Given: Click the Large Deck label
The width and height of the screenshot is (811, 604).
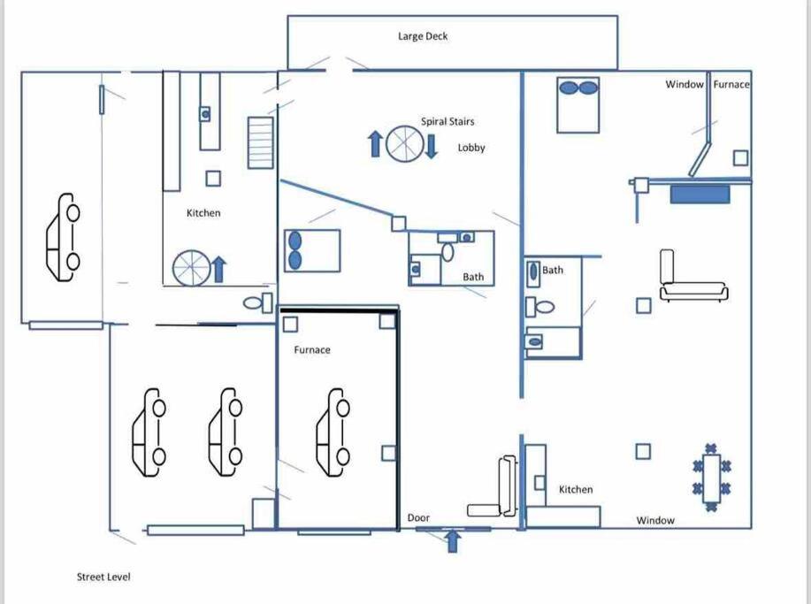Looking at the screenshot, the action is coord(423,36).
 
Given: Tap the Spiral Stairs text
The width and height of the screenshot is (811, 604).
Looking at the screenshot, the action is coord(448,121).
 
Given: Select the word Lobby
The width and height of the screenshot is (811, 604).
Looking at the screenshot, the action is coord(471,148).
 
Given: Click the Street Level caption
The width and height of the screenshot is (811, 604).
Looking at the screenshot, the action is coord(103,577).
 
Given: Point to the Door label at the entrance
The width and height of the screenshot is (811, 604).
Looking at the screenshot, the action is coord(418,517).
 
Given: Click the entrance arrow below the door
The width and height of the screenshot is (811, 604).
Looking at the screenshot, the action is coord(453,541).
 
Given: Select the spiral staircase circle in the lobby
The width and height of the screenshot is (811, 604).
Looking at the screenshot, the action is coord(404,143).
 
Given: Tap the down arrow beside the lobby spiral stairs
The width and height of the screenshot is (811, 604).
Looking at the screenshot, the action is coord(431,146).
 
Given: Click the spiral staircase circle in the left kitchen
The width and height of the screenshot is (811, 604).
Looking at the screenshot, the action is coord(192,268).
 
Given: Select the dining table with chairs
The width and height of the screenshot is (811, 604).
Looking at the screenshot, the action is coord(712,478).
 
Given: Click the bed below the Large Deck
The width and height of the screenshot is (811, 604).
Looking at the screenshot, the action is coord(578,105).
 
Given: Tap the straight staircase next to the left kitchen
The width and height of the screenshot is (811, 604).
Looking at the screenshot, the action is coord(260,142).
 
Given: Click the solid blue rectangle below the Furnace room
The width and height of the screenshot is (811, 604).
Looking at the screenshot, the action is coord(700,195).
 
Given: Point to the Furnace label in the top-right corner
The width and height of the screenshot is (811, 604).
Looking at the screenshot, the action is coord(731,84).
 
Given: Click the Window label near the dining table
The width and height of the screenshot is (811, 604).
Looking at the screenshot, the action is coord(655,520).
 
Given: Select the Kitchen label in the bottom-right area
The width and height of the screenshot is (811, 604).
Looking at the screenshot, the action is coord(576,489).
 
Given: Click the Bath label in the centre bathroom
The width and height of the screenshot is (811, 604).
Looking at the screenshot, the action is coord(473,277).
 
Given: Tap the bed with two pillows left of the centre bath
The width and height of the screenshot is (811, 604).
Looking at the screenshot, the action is coord(312,251).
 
